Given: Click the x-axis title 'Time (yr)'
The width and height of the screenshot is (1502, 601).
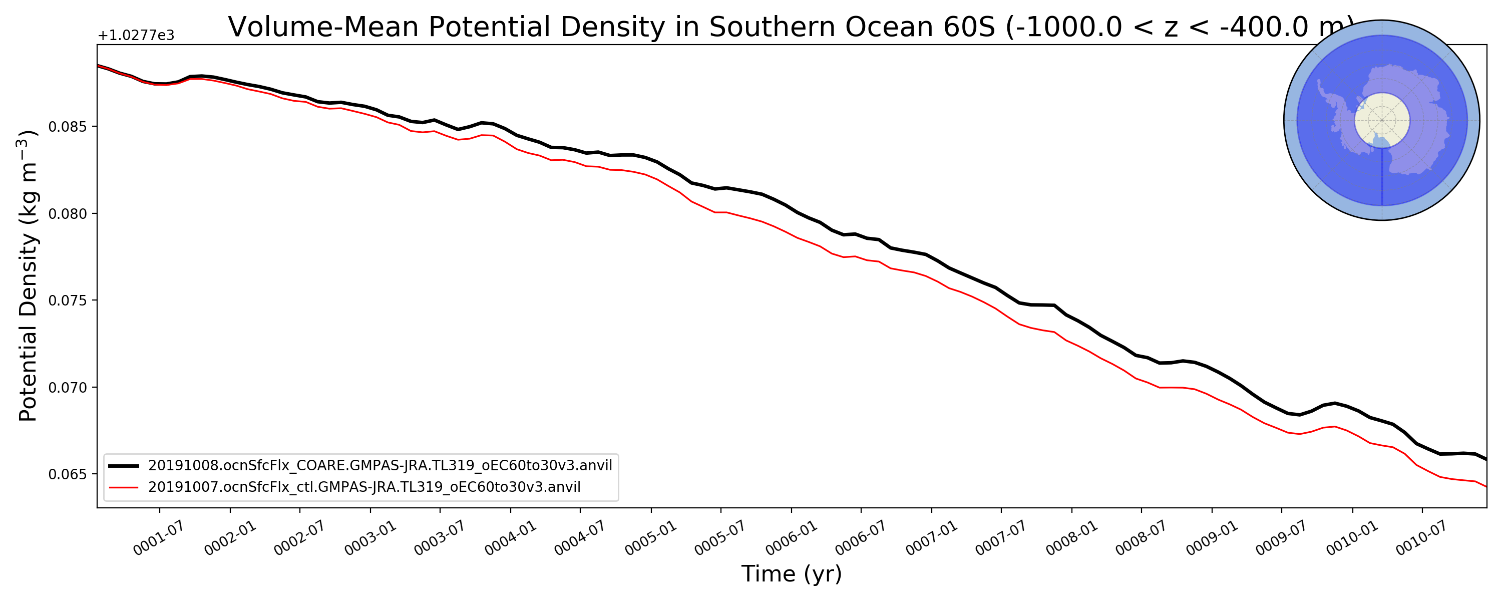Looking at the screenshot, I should [791, 574].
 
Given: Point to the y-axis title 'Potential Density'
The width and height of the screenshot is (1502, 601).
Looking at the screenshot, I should [28, 275].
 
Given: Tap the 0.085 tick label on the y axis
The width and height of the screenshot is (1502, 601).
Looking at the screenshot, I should [68, 127].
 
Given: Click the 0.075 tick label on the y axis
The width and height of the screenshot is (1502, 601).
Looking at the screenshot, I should [68, 301].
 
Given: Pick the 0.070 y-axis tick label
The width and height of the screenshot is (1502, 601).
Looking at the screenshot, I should [68, 388].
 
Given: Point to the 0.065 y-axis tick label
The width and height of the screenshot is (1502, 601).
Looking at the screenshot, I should [68, 475].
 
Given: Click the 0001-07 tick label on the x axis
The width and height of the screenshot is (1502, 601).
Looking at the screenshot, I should [158, 538].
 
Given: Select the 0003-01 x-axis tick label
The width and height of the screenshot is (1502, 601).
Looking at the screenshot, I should [369, 538].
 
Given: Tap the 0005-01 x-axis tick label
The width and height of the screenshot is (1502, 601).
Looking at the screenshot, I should [650, 538].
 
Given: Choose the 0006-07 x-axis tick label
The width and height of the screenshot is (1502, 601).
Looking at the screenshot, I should [860, 538].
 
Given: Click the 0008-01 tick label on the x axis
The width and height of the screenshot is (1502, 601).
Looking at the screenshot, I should [1071, 538].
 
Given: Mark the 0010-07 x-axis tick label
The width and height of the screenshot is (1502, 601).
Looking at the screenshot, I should [1421, 538].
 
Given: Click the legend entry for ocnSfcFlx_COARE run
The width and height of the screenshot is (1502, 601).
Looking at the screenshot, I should [380, 466].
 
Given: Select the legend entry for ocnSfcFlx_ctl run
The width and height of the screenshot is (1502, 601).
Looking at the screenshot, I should [364, 487].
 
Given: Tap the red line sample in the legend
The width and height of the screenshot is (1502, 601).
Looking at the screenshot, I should [124, 487].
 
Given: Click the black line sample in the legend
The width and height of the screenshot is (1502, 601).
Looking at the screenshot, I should [124, 466].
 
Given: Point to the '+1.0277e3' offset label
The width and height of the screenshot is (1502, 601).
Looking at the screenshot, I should [136, 36].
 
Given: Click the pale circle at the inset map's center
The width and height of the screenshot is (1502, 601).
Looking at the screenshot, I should [1381, 120].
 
